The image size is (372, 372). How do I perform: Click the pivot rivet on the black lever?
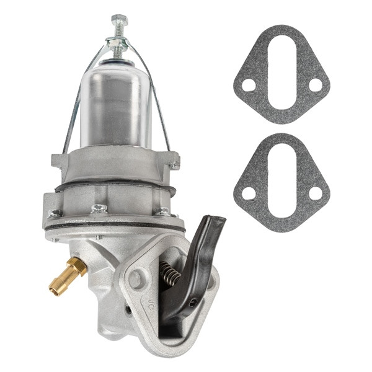click(193, 303)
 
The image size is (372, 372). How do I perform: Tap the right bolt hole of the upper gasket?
click(315, 85)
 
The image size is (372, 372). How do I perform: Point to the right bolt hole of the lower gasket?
click(315, 193)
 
